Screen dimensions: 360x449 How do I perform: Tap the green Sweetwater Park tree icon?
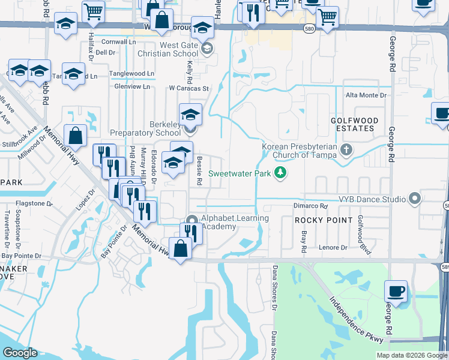(x=279, y=173)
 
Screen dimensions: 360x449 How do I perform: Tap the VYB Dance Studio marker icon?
(x=414, y=198)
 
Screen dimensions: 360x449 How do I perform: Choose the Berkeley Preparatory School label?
(x=145, y=128)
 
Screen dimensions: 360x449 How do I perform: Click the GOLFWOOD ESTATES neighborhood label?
(x=355, y=124)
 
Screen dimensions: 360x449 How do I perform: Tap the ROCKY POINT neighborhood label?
(x=324, y=220)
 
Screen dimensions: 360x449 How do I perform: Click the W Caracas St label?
(x=188, y=88)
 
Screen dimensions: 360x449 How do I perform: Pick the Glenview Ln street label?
(x=132, y=86)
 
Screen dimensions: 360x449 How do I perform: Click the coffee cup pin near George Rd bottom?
(x=396, y=292)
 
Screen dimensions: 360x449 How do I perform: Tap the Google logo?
(x=20, y=353)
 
